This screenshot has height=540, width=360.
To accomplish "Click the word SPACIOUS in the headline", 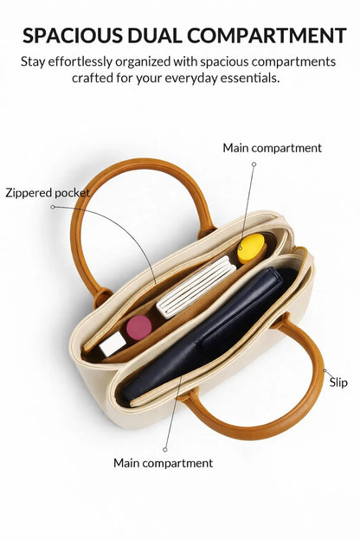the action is (73, 35).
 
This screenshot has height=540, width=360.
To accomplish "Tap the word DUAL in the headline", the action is (155, 35).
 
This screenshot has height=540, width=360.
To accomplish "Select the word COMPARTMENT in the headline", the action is (267, 35).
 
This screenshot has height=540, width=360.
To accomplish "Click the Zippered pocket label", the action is (48, 193).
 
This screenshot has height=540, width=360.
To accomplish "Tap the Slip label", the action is (338, 382).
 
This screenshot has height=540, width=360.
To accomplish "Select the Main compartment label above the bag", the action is (272, 148).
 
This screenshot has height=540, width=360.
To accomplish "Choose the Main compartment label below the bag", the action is (164, 463).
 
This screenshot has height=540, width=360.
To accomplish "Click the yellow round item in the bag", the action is (252, 248).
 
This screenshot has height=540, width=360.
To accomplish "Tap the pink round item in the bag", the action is (138, 327).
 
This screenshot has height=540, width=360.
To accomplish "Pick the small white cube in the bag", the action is (112, 344).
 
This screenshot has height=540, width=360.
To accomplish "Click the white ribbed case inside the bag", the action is (196, 287).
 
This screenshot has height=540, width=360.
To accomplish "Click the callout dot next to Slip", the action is (325, 370).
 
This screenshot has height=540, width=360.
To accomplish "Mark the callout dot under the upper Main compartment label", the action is (254, 164).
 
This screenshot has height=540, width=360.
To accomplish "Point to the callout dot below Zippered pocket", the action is (53, 207).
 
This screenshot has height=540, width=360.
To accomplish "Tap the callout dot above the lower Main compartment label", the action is (165, 449).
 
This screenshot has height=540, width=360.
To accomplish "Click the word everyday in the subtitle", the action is (191, 79).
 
